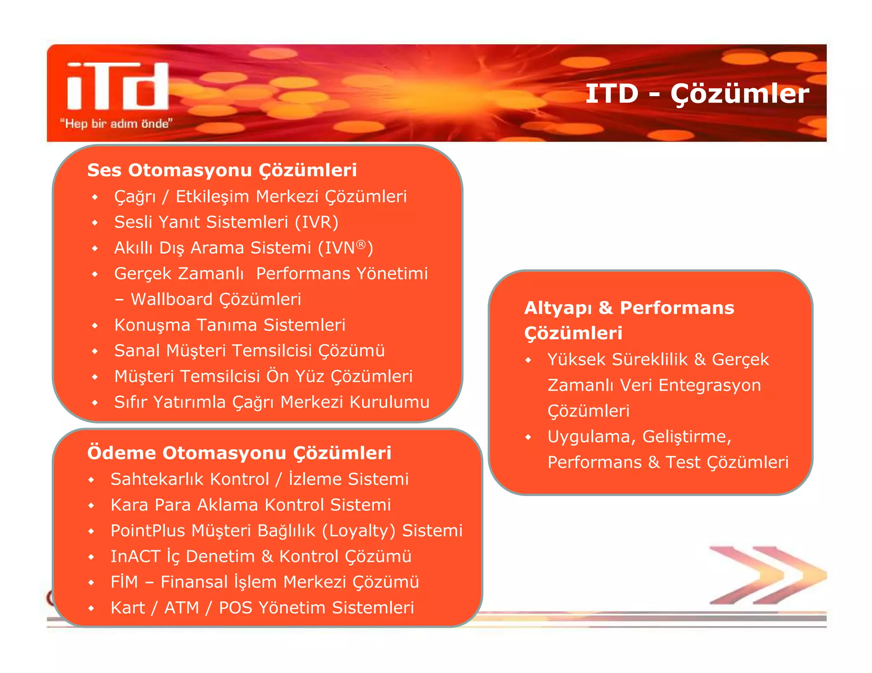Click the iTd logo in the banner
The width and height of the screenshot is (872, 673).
[118, 86]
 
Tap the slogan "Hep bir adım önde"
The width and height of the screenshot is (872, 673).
[116, 124]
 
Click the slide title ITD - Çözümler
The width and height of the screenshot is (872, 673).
[697, 94]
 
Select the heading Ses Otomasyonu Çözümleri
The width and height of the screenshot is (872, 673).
[222, 170]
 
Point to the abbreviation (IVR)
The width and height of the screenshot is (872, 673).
[317, 222]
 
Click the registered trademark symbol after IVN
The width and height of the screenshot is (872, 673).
[361, 244]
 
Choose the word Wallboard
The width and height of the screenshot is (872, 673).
[172, 299]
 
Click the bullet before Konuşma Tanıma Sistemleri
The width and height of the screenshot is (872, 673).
[95, 326]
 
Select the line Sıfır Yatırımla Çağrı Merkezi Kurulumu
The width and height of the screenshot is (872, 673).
[272, 402]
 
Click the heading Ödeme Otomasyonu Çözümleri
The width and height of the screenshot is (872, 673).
[239, 453]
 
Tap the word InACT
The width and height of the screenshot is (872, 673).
[135, 556]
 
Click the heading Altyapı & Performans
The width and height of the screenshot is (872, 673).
[629, 308]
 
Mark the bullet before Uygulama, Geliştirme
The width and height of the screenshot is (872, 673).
[528, 437]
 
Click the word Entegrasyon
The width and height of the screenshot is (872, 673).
[709, 385]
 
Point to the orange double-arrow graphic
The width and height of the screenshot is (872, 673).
[766, 575]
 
